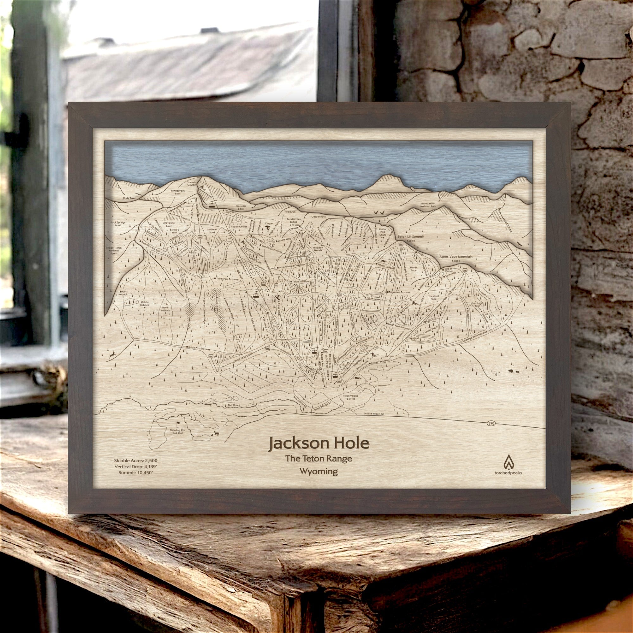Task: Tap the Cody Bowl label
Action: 129,199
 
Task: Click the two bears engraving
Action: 513,371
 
